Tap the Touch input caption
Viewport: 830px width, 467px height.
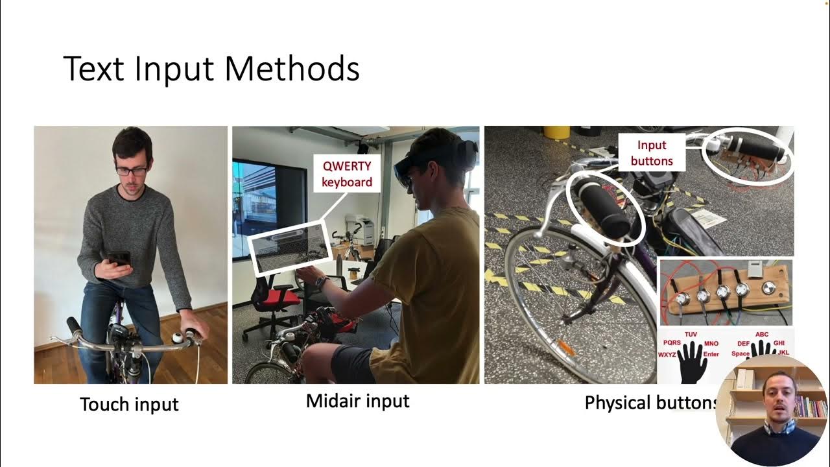point(129,404)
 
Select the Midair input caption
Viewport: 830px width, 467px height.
point(357,401)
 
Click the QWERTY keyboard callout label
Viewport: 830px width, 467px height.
point(347,173)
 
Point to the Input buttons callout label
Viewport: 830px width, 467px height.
point(651,153)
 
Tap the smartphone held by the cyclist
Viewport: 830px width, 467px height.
point(119,259)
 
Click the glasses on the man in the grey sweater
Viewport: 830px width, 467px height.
point(131,171)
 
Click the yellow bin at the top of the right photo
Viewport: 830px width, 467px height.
point(556,132)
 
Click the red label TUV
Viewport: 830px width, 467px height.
point(690,334)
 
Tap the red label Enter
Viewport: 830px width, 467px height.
point(711,354)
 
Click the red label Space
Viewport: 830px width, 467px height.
point(740,354)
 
